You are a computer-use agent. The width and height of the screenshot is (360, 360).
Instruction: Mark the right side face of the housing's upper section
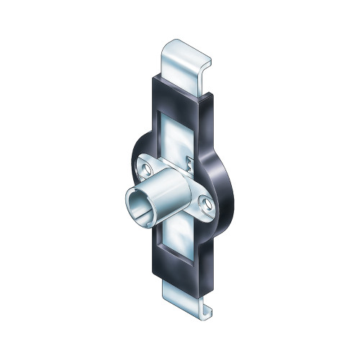(210, 122)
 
